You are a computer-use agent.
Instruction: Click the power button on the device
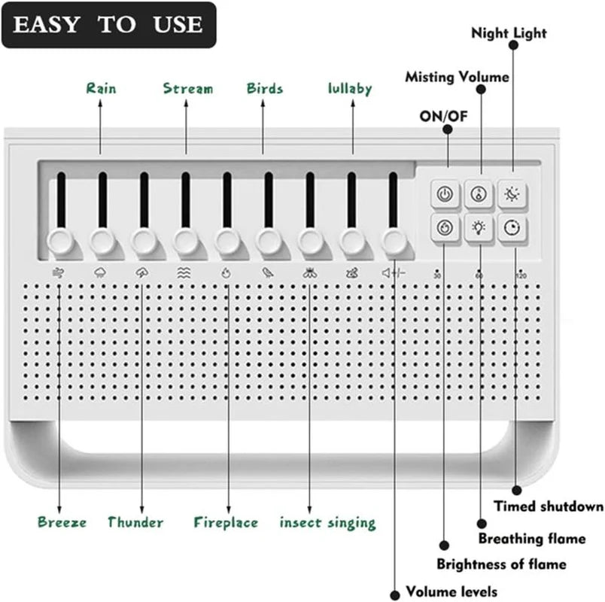tap(445, 194)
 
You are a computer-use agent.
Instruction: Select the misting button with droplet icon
tap(479, 194)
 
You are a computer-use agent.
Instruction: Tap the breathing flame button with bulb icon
tap(479, 227)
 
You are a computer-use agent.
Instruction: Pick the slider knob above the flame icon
tap(226, 242)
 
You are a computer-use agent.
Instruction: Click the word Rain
tap(102, 89)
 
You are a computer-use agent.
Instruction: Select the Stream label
tap(188, 89)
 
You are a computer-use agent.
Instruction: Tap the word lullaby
tap(350, 89)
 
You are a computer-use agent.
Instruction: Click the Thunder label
tap(135, 522)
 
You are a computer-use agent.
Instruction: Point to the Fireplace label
tap(226, 522)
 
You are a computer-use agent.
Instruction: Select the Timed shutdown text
tap(549, 506)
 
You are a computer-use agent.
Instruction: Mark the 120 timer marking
tap(521, 276)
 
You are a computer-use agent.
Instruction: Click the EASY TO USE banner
tap(108, 25)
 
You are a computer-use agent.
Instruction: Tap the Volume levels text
tap(451, 591)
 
